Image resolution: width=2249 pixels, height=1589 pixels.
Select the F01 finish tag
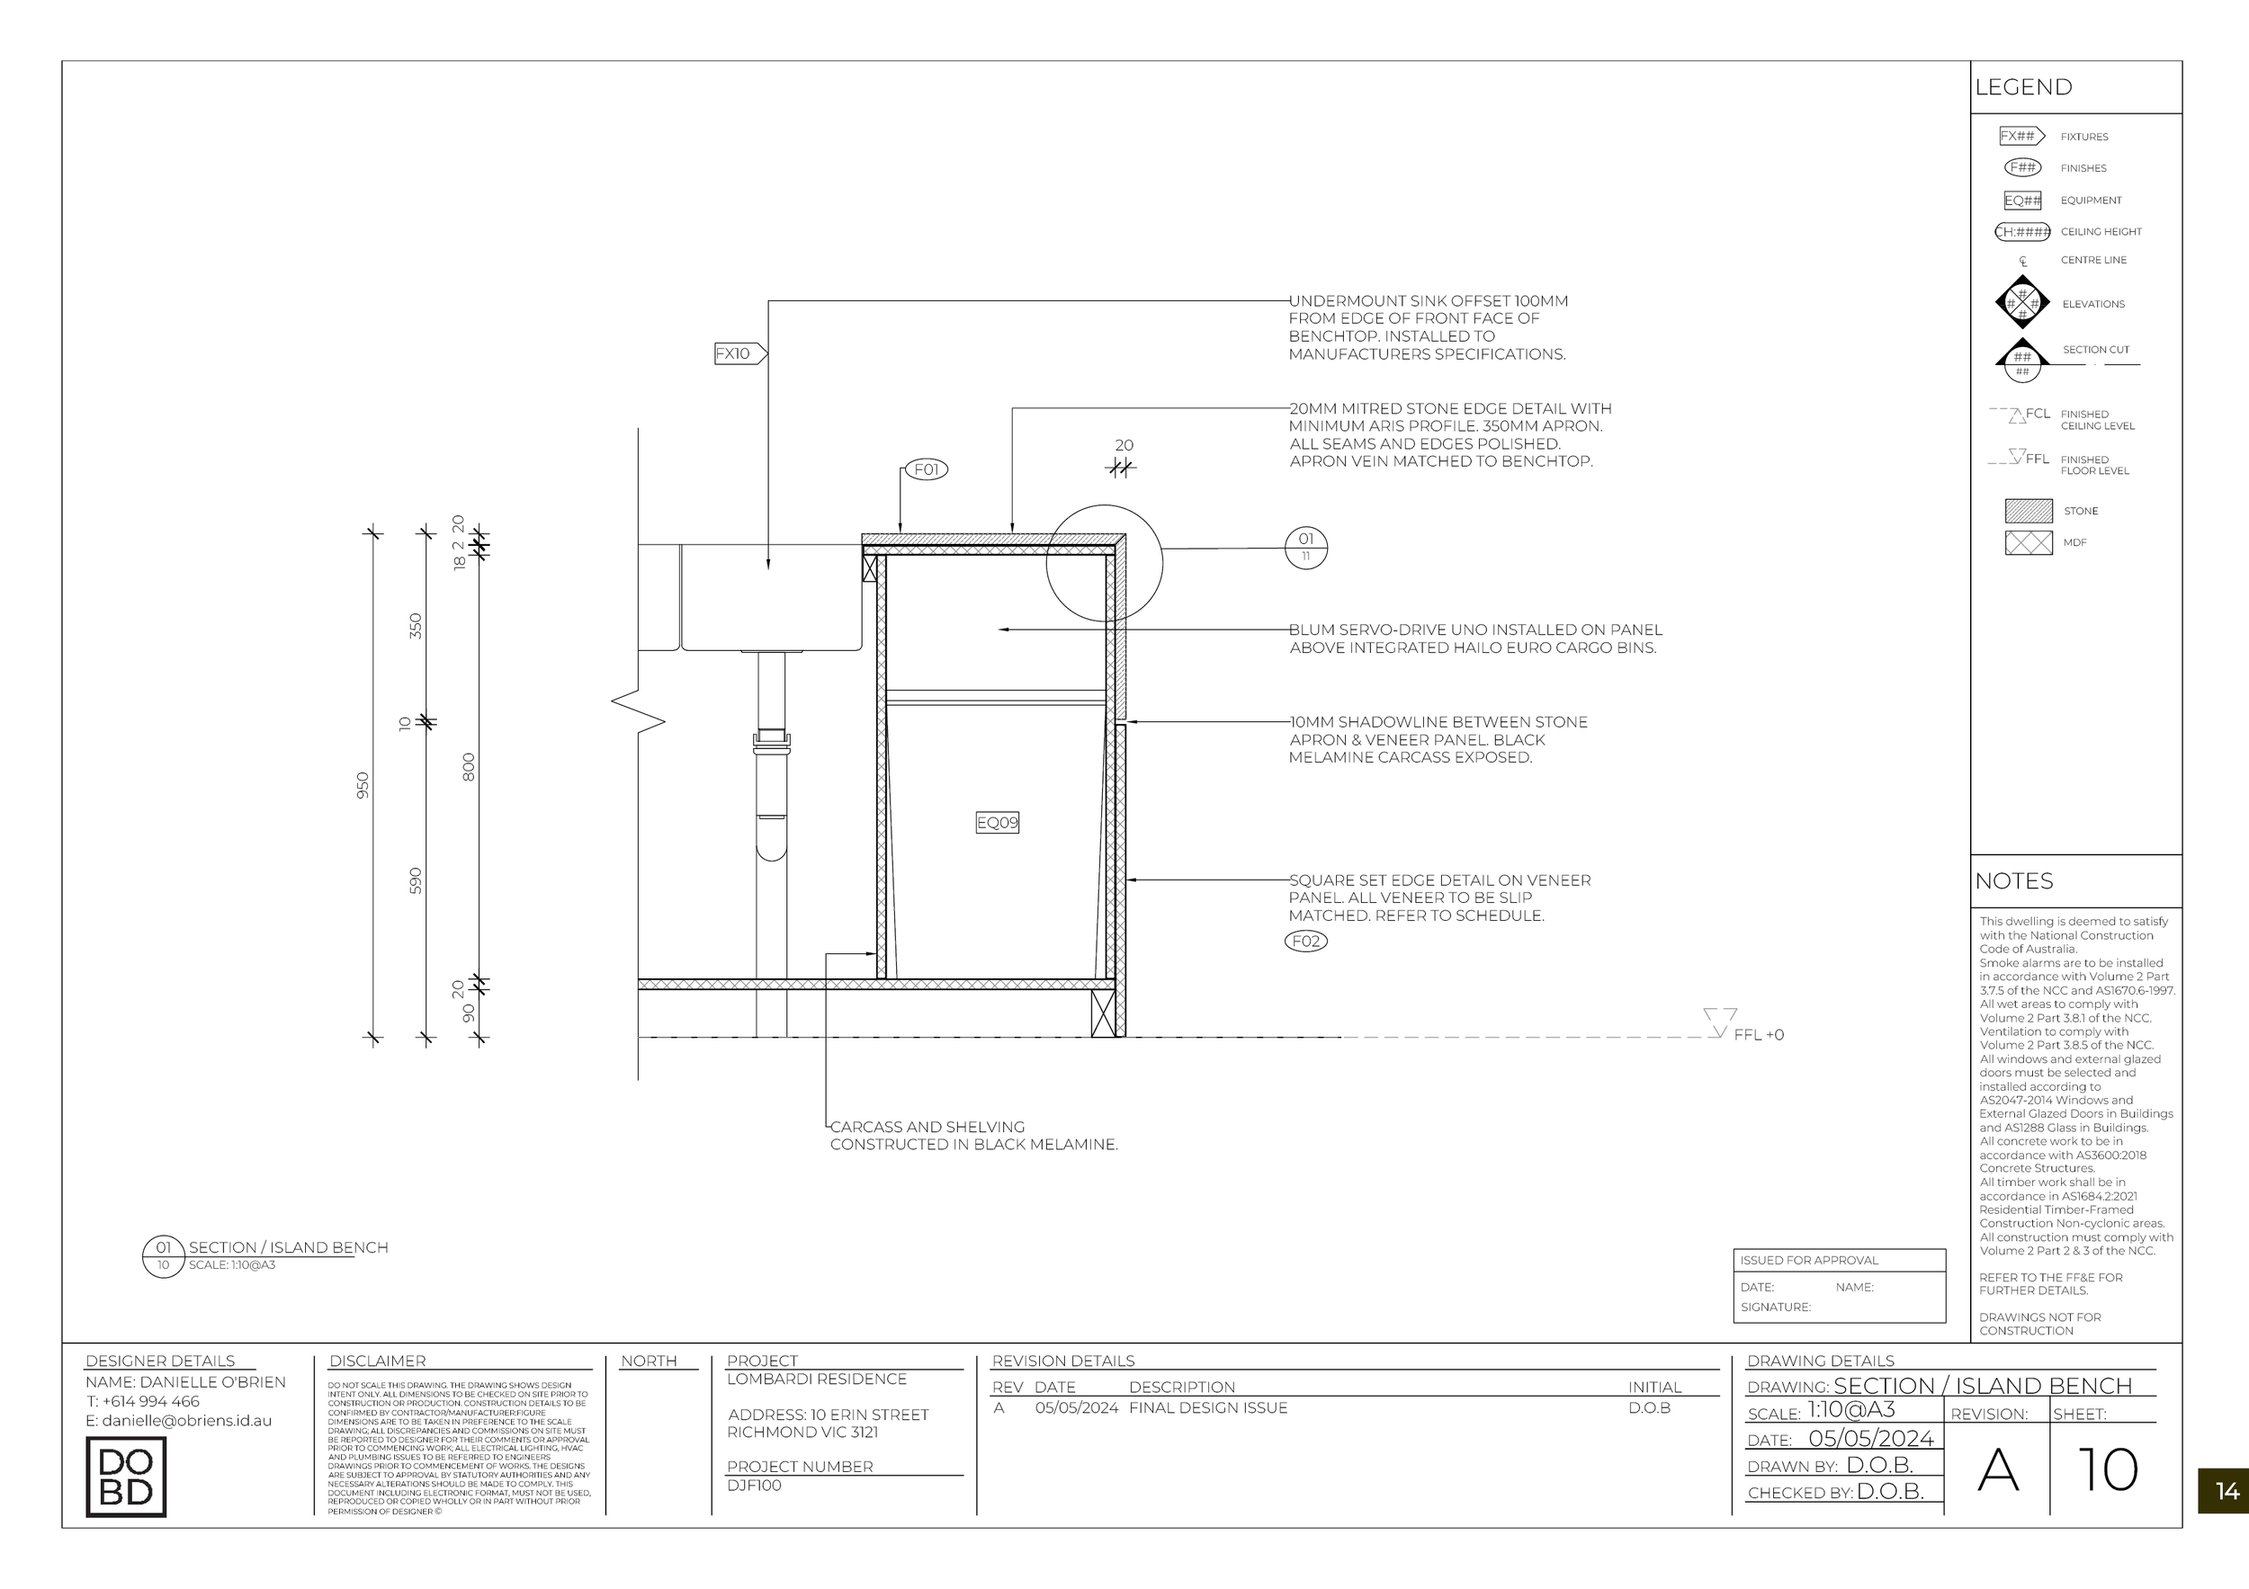coord(926,469)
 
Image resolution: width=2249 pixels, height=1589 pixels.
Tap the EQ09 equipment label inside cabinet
coord(997,823)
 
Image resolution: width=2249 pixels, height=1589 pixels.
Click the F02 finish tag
coord(1305,941)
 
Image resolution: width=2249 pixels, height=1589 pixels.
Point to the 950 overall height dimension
coord(363,785)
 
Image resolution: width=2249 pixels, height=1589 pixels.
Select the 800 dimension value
coord(468,766)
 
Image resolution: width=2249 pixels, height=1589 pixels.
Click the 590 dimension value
coord(416,880)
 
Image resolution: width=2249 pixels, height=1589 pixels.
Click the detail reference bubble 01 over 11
coord(1305,547)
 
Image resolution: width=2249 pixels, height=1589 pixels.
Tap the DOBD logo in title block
coord(125,1477)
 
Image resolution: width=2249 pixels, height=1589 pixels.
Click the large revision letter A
coord(1997,1470)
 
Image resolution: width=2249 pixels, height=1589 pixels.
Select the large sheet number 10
coord(2107,1469)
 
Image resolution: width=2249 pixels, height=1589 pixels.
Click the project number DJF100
coord(754,1486)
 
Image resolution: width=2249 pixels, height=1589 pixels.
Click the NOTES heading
coord(2013,881)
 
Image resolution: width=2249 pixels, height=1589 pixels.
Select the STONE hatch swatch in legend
coord(2028,510)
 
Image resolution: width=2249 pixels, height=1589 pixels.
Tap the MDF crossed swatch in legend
coord(2028,542)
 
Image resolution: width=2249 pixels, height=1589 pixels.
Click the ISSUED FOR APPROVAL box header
coord(1809,1260)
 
